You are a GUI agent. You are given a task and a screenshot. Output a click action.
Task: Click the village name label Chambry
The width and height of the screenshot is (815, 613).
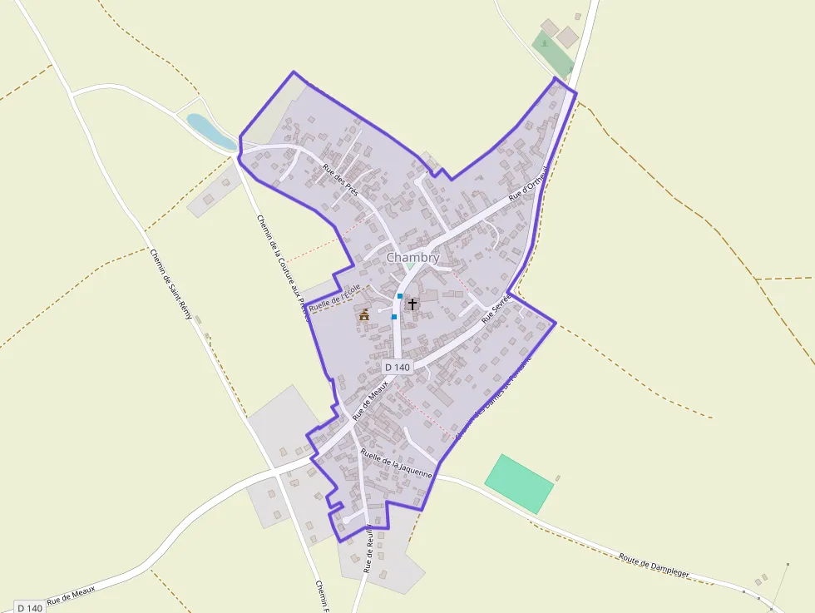pos(412,258)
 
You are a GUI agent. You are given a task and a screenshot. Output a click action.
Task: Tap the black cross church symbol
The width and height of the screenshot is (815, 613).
pos(412,304)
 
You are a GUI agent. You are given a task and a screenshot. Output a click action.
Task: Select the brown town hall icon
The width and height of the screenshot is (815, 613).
pos(364,314)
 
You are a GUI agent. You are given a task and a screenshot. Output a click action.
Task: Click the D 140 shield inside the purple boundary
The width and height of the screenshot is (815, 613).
pos(398,367)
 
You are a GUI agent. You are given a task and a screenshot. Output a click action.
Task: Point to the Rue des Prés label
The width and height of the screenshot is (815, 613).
pos(339,176)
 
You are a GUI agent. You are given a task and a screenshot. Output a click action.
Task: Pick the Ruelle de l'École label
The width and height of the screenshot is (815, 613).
pos(335,299)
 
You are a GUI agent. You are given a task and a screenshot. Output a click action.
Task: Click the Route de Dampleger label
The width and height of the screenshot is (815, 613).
pos(655,568)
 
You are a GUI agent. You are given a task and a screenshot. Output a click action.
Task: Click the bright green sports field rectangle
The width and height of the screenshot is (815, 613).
pos(519,483)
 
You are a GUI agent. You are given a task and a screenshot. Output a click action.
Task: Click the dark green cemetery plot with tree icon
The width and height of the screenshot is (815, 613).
pos(552,53)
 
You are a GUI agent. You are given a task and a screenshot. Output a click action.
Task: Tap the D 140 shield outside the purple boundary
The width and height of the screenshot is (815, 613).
pos(29,608)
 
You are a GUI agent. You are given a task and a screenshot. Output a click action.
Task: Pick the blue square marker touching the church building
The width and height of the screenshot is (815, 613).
pos(400,296)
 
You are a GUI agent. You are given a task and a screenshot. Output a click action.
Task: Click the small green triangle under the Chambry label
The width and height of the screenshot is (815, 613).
pos(410,266)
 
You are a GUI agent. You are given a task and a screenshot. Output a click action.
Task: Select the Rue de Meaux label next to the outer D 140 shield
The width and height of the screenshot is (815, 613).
pos(71,595)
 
